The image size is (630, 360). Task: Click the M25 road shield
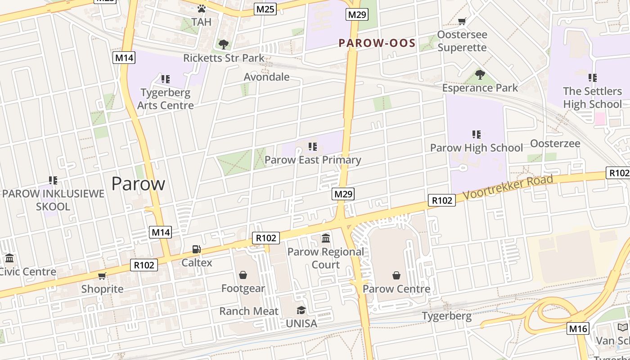tap(265, 9)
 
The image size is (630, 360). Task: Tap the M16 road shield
tap(578, 328)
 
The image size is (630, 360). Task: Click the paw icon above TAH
tap(202, 9)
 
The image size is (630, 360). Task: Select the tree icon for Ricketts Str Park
tap(223, 44)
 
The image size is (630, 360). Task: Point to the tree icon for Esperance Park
tap(480, 74)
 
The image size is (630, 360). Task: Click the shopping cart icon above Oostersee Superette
tap(462, 21)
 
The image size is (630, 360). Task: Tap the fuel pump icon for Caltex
tap(197, 249)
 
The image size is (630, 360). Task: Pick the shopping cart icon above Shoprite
tap(102, 276)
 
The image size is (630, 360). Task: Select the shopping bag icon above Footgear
tap(243, 275)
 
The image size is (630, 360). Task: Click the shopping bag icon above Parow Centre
tap(396, 275)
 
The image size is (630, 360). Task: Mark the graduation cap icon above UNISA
tap(301, 310)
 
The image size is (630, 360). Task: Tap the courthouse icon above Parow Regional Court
tap(326, 238)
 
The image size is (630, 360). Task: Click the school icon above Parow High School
tap(477, 134)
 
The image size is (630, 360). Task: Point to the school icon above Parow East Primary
tap(313, 146)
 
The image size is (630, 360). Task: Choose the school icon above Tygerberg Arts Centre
tap(166, 79)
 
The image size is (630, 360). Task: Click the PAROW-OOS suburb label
tap(377, 43)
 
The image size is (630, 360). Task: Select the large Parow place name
tap(138, 184)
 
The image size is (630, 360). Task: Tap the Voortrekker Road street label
tap(508, 188)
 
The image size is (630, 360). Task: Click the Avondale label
tap(266, 77)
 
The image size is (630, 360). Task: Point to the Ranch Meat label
tap(249, 311)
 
